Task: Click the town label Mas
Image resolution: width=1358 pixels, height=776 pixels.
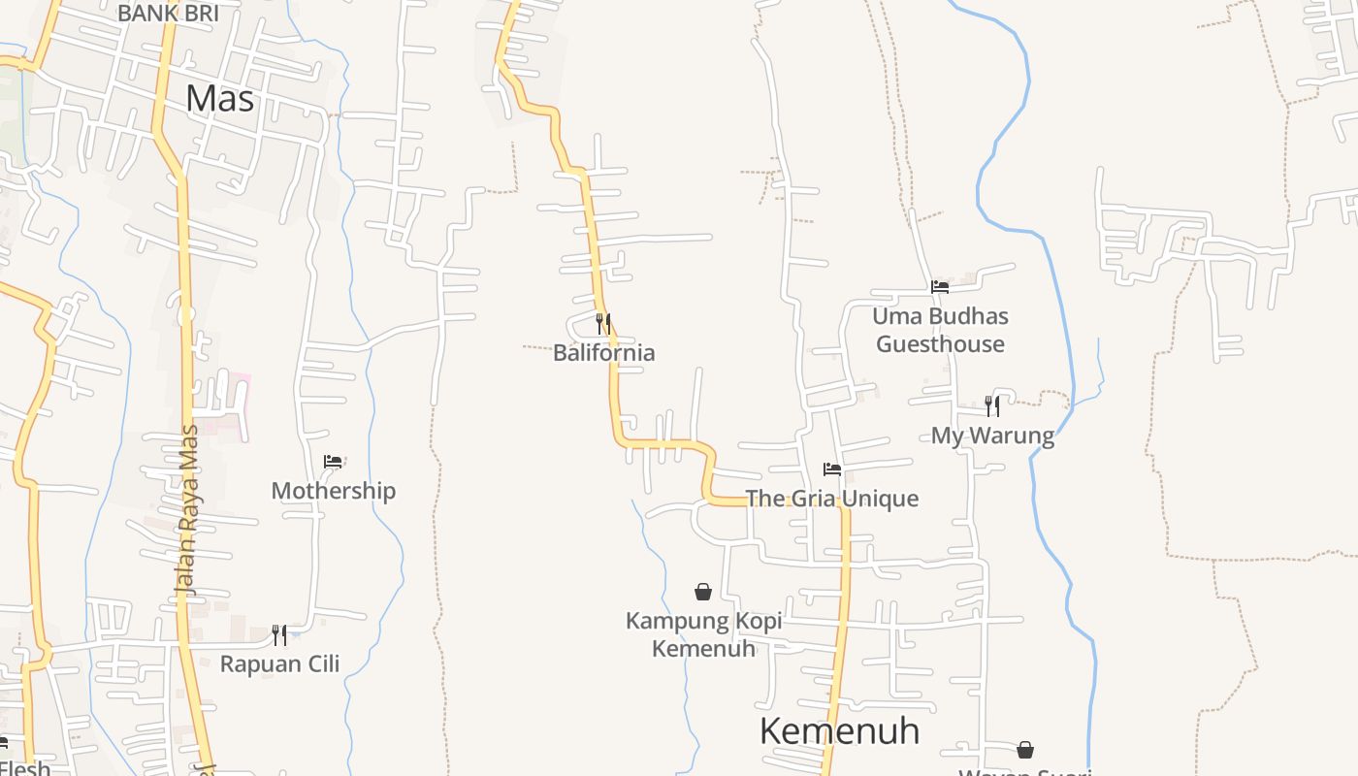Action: pos(220,99)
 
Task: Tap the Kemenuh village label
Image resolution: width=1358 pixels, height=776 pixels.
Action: pos(839,730)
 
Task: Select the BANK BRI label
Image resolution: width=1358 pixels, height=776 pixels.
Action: pos(168,14)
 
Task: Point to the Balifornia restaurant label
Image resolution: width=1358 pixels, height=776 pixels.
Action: pos(603,353)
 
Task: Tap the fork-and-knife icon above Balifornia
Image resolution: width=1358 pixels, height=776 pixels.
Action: pos(603,323)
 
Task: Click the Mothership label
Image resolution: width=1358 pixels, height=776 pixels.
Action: pos(333,491)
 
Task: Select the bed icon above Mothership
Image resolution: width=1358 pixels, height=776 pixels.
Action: pos(333,462)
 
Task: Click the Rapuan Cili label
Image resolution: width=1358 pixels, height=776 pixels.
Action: pos(279,664)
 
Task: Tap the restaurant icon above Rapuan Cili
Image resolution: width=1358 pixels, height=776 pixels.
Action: pos(279,635)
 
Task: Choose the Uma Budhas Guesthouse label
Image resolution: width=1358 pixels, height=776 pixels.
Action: pos(940,330)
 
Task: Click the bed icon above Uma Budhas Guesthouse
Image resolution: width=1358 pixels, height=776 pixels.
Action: pos(939,287)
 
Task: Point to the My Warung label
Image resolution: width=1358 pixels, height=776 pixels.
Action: pos(992,436)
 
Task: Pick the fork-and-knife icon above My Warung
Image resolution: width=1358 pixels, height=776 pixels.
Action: pos(991,405)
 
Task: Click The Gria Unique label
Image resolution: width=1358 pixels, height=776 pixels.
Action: pos(831,499)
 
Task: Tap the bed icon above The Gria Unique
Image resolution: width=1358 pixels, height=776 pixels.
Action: pos(831,469)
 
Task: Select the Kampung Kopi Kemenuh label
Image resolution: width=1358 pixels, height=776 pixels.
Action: pos(703,634)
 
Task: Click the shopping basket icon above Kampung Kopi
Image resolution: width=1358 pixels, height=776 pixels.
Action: pos(703,592)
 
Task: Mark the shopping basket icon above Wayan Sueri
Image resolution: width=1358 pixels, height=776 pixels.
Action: pos(1025,750)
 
